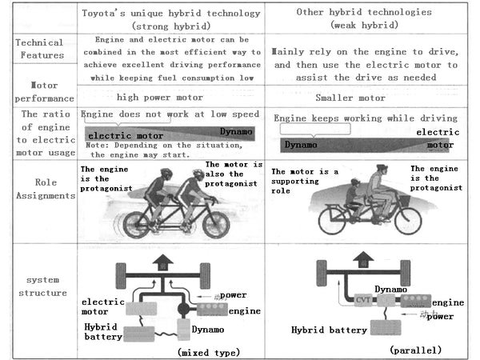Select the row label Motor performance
(x=38, y=90)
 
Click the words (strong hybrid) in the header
(x=172, y=25)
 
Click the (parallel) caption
(x=416, y=350)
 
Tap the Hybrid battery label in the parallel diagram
(x=329, y=329)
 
